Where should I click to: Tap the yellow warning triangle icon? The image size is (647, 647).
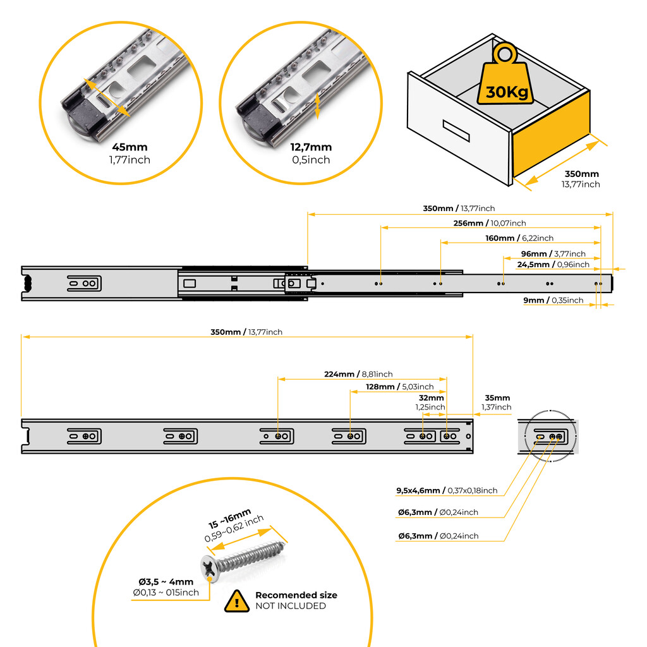(236, 600)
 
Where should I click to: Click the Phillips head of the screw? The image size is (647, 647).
(209, 567)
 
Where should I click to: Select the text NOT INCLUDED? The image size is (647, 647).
(290, 606)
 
